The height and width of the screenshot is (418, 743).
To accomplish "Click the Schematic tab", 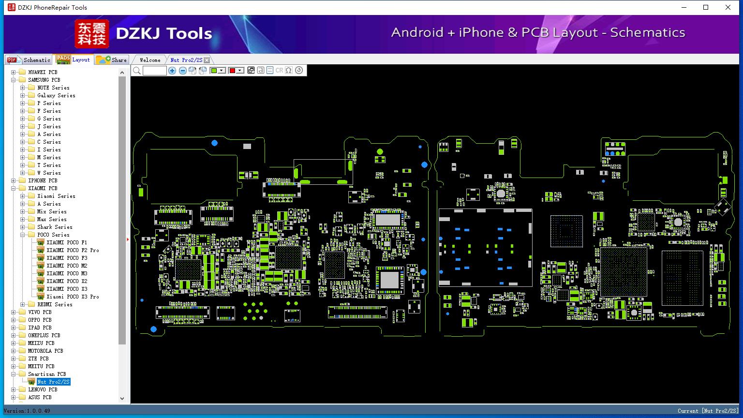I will [x=29, y=60].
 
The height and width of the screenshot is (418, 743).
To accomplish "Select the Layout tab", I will [x=73, y=60].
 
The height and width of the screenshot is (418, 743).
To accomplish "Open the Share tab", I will [x=112, y=60].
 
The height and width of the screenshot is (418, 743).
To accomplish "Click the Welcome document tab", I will [x=149, y=60].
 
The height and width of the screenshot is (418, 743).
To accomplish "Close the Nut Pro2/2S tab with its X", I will [x=207, y=60].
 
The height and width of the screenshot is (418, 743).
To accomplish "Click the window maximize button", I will [x=706, y=7].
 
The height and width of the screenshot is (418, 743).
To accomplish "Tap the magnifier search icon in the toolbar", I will [x=137, y=71].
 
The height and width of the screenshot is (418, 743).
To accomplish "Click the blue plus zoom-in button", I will [x=172, y=71].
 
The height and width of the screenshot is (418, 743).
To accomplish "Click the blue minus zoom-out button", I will [x=182, y=71].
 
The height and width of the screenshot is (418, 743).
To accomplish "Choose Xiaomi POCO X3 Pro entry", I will [x=72, y=297].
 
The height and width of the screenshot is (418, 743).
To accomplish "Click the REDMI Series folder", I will [x=54, y=304].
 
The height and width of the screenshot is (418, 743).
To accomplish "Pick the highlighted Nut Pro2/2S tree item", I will [x=53, y=382].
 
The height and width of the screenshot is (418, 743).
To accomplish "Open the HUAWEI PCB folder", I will [x=42, y=72].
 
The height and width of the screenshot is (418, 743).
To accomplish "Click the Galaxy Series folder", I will [x=56, y=95].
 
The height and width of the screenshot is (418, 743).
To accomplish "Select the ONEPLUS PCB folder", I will [x=44, y=335].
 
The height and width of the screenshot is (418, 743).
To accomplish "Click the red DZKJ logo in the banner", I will [x=91, y=34].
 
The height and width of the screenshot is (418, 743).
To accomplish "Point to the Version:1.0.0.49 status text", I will [x=27, y=411].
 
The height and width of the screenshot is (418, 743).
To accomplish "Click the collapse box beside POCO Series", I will [x=22, y=235].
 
